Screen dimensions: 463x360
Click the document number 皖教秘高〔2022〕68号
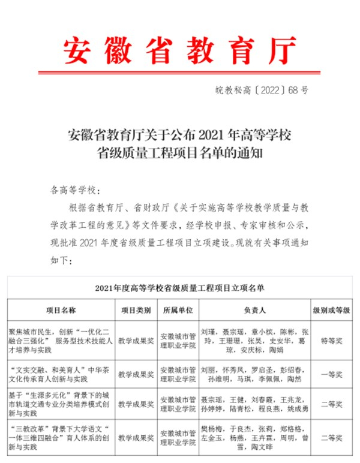(x=262, y=91)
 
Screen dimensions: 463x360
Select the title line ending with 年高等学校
(x=180, y=133)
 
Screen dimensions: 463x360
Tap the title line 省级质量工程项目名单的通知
(x=180, y=152)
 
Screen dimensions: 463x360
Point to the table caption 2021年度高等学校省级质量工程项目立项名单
(x=179, y=288)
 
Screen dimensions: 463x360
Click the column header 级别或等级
(x=331, y=311)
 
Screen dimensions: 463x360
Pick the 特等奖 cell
(x=331, y=340)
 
